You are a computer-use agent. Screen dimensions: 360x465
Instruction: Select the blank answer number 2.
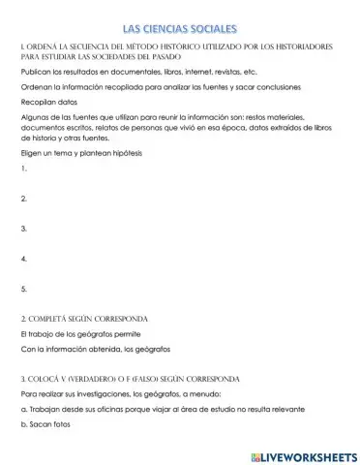coord(23,199)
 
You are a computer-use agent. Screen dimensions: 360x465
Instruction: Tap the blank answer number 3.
coord(23,229)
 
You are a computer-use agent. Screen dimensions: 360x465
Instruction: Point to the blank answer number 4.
coord(23,259)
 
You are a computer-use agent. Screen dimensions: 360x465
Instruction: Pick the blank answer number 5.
coord(23,289)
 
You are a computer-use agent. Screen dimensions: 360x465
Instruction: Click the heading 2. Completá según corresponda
coord(92,318)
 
